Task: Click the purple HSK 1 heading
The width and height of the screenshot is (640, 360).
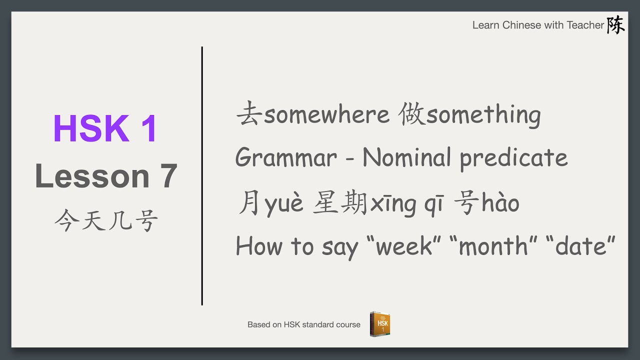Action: click(105, 128)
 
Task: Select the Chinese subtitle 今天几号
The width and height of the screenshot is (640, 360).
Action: click(106, 221)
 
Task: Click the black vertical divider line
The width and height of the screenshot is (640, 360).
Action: click(202, 175)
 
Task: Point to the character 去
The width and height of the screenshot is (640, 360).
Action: click(248, 114)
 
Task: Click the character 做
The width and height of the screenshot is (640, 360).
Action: click(411, 114)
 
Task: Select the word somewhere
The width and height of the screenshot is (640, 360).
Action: click(326, 114)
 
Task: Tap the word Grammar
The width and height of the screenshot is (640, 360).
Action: click(286, 158)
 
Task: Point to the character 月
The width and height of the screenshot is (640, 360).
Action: click(248, 203)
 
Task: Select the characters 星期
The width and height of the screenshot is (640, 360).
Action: click(340, 203)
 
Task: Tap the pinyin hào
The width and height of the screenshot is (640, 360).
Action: click(500, 203)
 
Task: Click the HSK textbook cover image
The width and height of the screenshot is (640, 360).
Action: click(380, 324)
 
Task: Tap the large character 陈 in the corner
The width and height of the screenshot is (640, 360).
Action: click(615, 24)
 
